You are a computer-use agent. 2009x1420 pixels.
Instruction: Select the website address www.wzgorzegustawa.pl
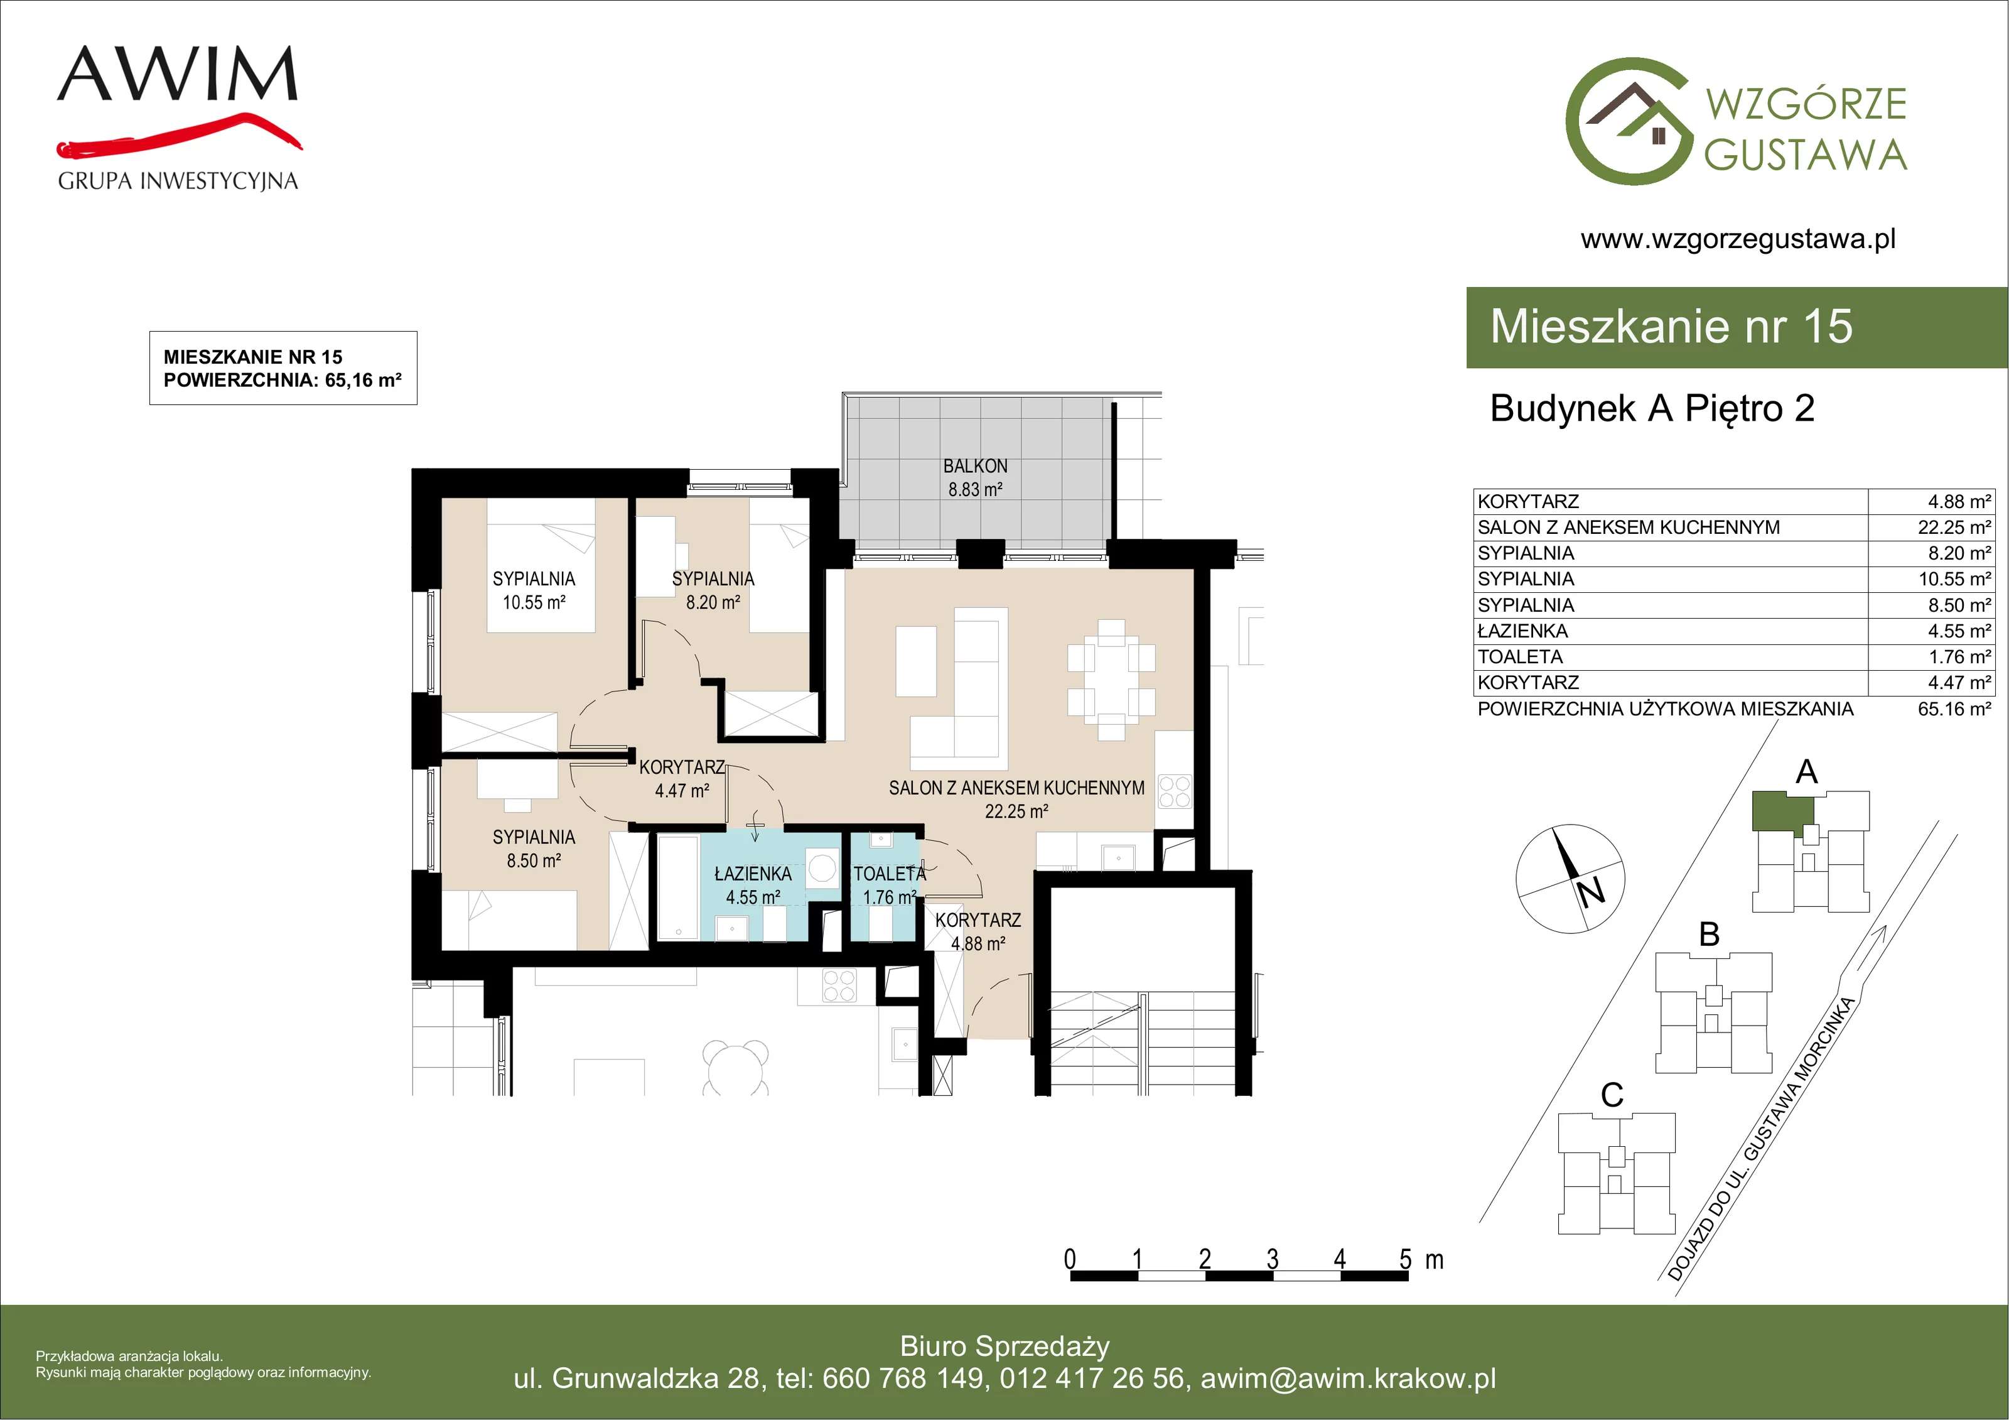tap(1738, 239)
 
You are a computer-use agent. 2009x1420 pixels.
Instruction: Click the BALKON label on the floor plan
tap(975, 467)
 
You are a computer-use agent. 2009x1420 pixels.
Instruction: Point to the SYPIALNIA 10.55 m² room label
tap(534, 591)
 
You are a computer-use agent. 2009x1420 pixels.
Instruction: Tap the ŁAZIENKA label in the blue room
tap(753, 874)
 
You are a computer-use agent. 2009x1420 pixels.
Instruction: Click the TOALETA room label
tap(889, 874)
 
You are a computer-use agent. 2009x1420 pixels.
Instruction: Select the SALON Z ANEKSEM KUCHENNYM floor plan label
tap(1017, 788)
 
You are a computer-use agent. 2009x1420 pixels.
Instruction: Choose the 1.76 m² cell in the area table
tap(1959, 656)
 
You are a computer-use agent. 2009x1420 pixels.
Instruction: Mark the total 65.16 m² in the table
tap(1954, 709)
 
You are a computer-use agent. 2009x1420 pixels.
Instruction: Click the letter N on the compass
tap(1591, 891)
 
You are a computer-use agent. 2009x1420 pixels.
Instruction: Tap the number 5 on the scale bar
tap(1405, 1259)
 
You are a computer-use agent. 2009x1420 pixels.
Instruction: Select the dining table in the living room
tap(1111, 680)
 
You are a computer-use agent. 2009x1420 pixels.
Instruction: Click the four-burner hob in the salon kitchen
tap(1174, 791)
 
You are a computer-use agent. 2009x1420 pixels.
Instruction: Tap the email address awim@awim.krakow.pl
tap(1349, 1379)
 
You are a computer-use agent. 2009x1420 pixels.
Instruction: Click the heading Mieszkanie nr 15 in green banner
tap(1671, 327)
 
